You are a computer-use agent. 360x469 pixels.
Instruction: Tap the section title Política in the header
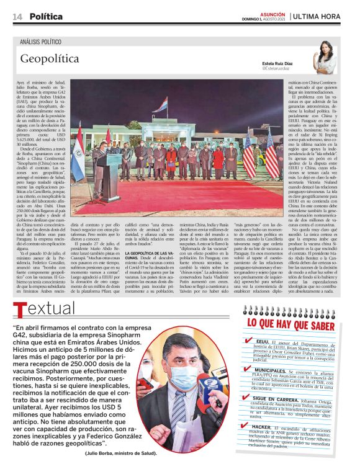[x=47, y=16]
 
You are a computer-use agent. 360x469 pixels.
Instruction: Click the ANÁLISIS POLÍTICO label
[x=41, y=41]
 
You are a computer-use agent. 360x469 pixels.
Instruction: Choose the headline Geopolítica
[x=50, y=59]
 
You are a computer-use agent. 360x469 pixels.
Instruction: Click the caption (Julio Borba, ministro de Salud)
[x=121, y=453]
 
